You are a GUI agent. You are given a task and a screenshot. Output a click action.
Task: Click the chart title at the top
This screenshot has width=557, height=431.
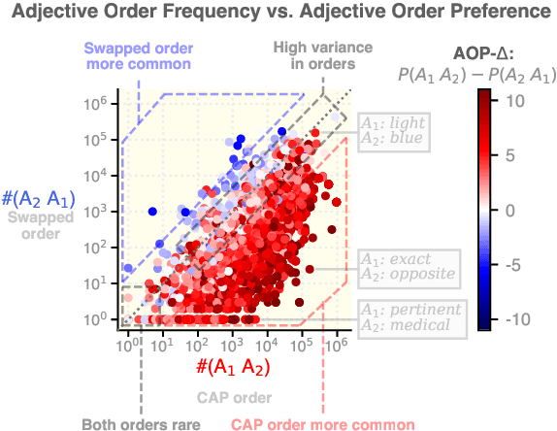pos(278,13)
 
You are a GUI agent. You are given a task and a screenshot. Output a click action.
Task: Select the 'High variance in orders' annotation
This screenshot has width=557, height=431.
pos(312,55)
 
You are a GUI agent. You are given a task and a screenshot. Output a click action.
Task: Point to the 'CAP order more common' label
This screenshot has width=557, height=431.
pos(321,423)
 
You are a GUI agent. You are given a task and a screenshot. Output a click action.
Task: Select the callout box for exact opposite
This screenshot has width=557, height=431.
pos(407,267)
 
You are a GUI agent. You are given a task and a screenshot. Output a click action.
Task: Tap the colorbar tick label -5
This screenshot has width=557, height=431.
pos(514,263)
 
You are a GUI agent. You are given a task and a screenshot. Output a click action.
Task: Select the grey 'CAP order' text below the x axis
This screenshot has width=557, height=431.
pos(231,397)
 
